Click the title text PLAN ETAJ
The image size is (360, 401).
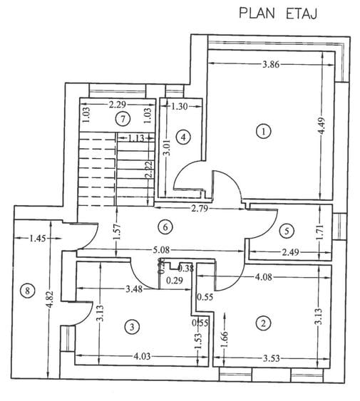coord(277,12)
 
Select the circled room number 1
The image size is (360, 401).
coord(264,131)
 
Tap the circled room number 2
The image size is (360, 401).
coord(264,323)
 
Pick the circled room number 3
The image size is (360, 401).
coord(130,327)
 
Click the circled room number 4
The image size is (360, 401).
coord(183,136)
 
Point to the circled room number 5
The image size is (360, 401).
coord(286,230)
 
